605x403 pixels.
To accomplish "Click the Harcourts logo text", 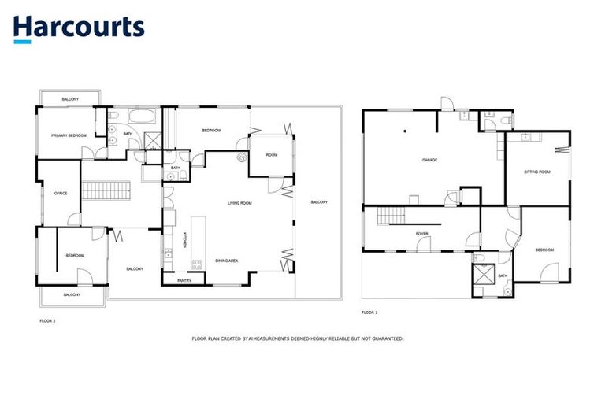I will coord(78,27).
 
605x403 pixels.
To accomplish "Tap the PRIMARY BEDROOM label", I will coord(69,135).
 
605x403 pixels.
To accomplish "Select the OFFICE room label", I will coord(60,193).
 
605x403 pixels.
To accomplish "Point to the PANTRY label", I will coord(184,280).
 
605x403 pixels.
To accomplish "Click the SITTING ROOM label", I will coord(536,171).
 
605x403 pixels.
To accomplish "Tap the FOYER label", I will coord(421,234).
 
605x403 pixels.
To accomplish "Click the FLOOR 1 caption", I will coord(369,312).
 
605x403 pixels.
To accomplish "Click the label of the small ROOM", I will coord(271,155).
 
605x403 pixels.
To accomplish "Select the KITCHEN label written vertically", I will coord(184,240).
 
